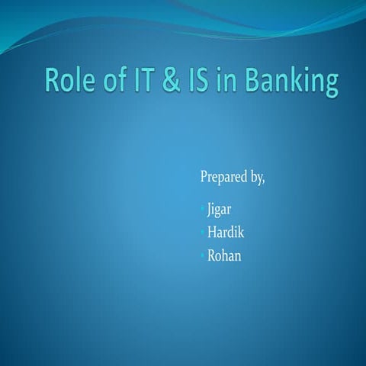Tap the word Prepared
click(x=223, y=178)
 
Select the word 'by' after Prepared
click(x=258, y=178)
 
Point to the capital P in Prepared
click(x=204, y=178)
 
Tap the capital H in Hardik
click(x=213, y=233)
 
